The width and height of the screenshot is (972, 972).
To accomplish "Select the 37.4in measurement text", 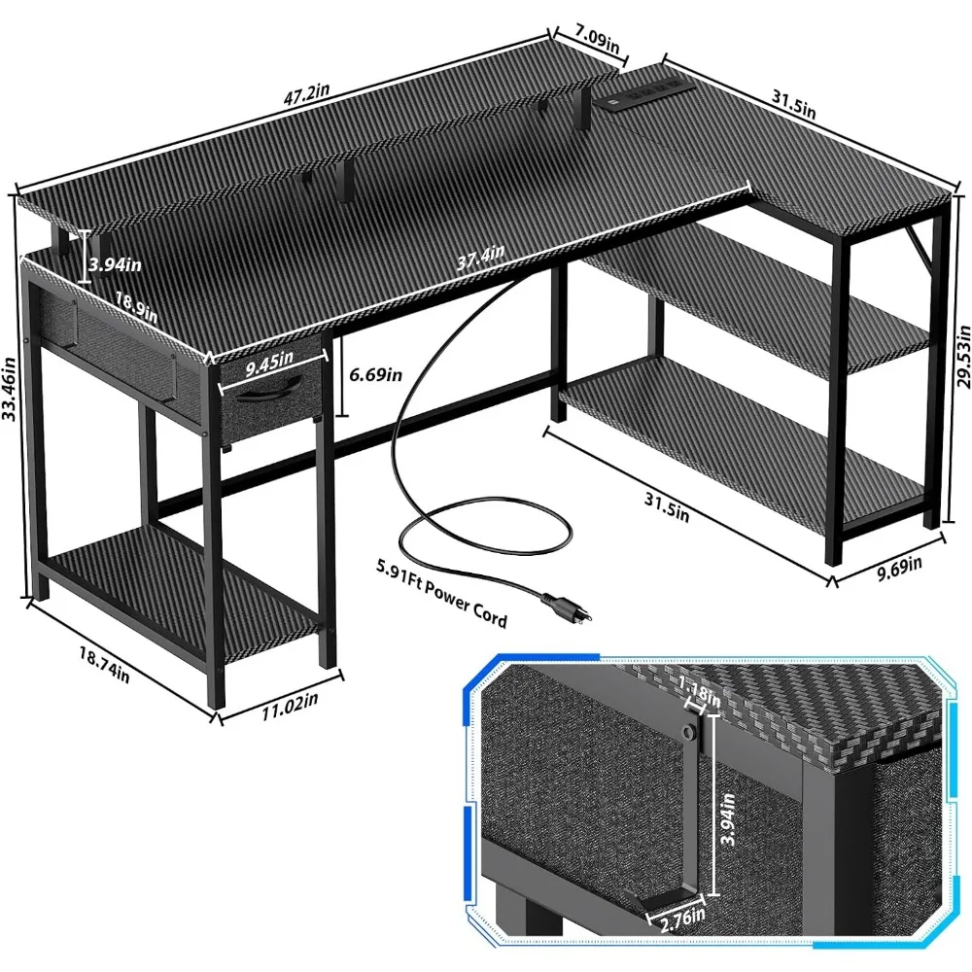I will click(480, 257).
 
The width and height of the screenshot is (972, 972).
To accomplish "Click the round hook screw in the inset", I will click(687, 728).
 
